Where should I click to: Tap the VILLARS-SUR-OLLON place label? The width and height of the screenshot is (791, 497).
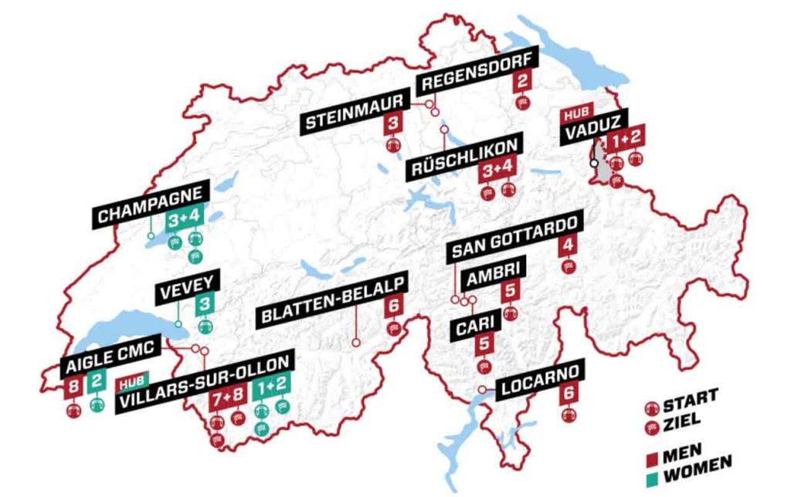tap(205, 385)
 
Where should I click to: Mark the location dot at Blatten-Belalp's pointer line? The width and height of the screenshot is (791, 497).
tap(356, 341)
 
